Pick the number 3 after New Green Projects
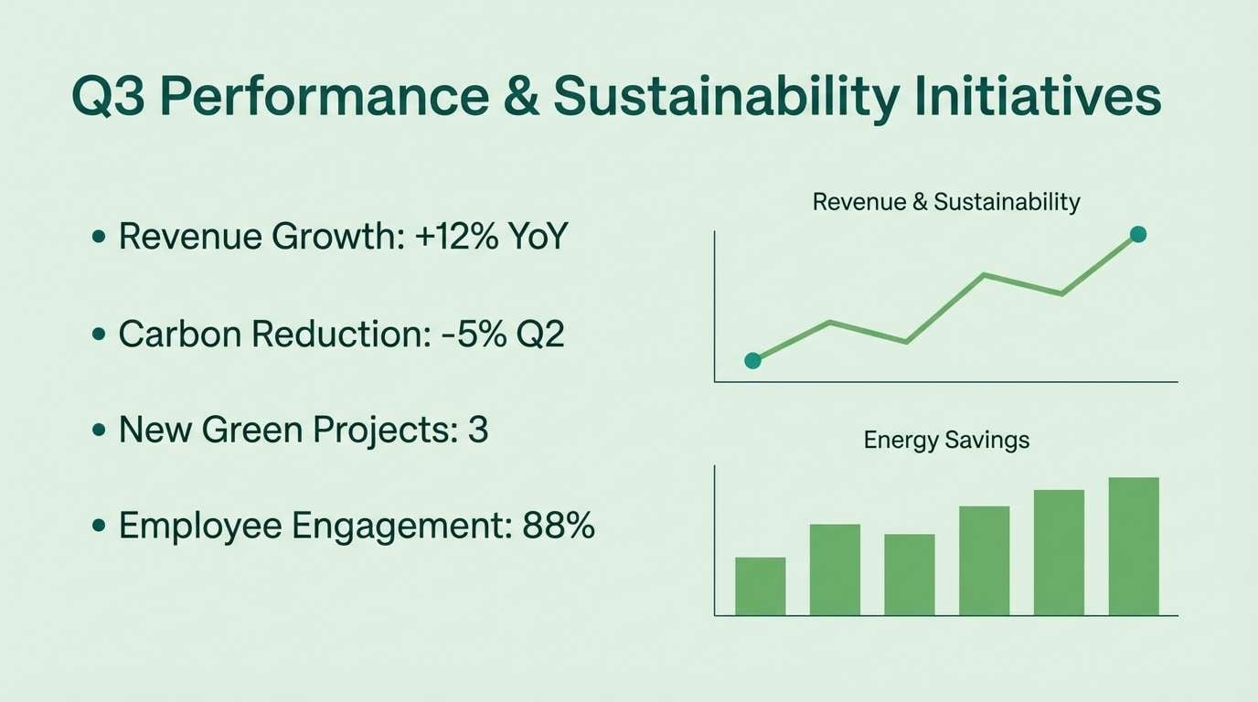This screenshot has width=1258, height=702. click(x=477, y=430)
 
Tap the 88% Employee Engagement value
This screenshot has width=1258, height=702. click(x=559, y=526)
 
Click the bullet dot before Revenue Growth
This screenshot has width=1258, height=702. click(x=99, y=239)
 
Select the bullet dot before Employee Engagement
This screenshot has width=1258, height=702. click(x=99, y=527)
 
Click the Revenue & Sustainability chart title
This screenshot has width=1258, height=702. click(x=946, y=202)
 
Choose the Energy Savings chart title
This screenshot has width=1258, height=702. click(x=946, y=441)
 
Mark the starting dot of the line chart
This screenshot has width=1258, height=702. click(x=752, y=360)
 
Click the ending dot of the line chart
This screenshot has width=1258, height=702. click(x=1137, y=235)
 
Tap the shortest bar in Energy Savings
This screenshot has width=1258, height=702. click(x=760, y=586)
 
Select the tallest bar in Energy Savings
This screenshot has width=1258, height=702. click(x=1134, y=546)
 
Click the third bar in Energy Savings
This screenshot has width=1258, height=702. click(x=910, y=574)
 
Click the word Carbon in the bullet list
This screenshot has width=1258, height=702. click(x=178, y=335)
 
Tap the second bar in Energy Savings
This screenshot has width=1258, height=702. click(x=835, y=569)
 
